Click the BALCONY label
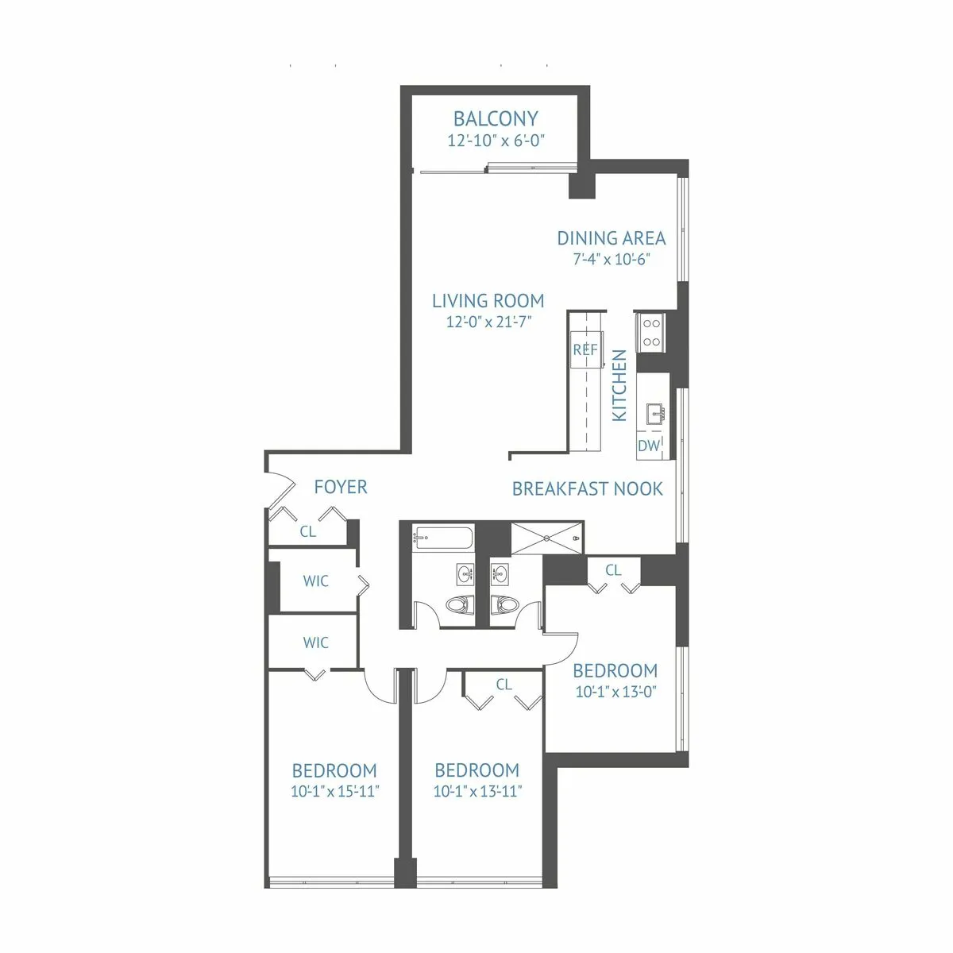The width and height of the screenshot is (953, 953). click(496, 119)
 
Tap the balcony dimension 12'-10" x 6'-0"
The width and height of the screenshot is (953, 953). click(496, 141)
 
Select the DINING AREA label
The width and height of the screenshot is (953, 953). click(611, 238)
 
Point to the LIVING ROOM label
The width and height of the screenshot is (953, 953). click(488, 301)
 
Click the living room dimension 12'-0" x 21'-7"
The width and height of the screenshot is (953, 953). click(488, 322)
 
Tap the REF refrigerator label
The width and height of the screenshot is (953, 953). click(585, 350)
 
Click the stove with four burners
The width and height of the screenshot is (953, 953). click(652, 333)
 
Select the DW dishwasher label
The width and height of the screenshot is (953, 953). click(649, 446)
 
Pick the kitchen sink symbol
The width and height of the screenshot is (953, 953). click(655, 414)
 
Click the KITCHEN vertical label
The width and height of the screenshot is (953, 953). click(620, 386)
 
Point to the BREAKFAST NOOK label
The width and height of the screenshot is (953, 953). click(587, 489)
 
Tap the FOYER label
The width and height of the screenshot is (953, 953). click(341, 487)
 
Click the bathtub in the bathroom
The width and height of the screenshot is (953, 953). click(442, 539)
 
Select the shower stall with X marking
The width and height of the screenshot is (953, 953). click(546, 538)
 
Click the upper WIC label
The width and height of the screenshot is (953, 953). click(315, 581)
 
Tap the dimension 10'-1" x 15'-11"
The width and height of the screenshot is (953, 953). click(334, 792)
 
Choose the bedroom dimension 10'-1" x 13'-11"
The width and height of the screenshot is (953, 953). click(477, 792)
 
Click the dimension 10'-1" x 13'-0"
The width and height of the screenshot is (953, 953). click(615, 692)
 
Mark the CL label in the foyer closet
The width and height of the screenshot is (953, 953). click(308, 532)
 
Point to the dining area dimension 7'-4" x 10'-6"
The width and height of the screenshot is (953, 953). click(611, 260)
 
